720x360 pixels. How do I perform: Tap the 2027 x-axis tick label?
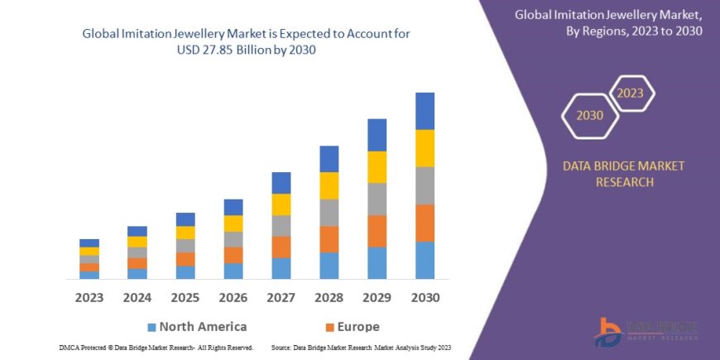[281, 296]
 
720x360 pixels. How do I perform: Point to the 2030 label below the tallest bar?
[425, 296]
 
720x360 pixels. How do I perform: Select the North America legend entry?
[196, 326]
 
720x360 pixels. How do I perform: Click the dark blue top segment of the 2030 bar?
[425, 111]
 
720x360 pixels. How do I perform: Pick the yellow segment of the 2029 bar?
[377, 167]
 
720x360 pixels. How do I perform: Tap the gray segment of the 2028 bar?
[329, 213]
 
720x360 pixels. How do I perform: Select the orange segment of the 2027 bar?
[281, 247]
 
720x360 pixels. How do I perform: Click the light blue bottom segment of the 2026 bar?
[233, 271]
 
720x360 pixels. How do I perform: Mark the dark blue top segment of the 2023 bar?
[89, 242]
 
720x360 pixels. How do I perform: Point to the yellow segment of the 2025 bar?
[185, 233]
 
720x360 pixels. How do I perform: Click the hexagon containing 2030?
[590, 115]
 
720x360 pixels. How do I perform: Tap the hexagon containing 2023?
[631, 93]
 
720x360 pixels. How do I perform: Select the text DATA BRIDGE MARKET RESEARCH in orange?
[624, 174]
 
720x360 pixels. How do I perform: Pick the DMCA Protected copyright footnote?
[156, 348]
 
